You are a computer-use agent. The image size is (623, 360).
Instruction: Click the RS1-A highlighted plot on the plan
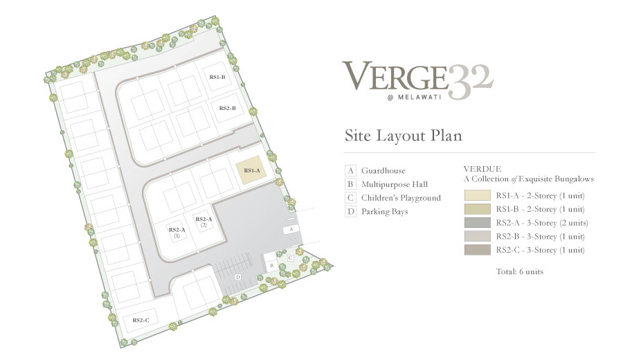coord(251,170)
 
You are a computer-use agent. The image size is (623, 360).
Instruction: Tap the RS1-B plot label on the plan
coord(217,77)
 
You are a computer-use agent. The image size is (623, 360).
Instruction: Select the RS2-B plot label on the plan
coord(228,108)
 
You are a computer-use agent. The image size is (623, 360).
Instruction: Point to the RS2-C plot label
coord(141,321)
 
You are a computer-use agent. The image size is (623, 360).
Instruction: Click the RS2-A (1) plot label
coord(177,233)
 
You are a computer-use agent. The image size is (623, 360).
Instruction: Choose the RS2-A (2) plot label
coord(204,222)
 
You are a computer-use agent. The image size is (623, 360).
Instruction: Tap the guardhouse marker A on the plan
coord(291,229)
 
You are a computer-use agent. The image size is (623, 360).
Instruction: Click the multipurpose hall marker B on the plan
coord(272,265)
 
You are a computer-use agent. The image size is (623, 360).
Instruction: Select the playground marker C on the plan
coord(291,258)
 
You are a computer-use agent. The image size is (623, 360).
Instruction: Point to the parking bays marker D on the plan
coord(238,277)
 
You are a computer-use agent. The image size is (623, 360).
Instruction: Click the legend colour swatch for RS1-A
coord(477,195)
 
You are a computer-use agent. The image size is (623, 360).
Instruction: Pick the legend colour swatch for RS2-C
coord(477,250)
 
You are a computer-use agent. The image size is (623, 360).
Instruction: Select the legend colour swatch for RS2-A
coord(477,222)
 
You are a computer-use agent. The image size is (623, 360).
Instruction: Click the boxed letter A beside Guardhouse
coord(350,171)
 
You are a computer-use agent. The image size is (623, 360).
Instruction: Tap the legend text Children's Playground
coord(401,198)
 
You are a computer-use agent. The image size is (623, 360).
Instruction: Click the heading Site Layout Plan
coord(404,136)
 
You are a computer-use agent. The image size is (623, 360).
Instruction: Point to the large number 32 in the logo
coord(471,82)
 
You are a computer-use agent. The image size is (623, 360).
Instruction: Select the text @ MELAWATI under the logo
coord(414,98)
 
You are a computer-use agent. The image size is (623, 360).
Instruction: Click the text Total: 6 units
coord(519,272)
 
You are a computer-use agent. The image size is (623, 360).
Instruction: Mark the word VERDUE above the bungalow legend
coord(482,169)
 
